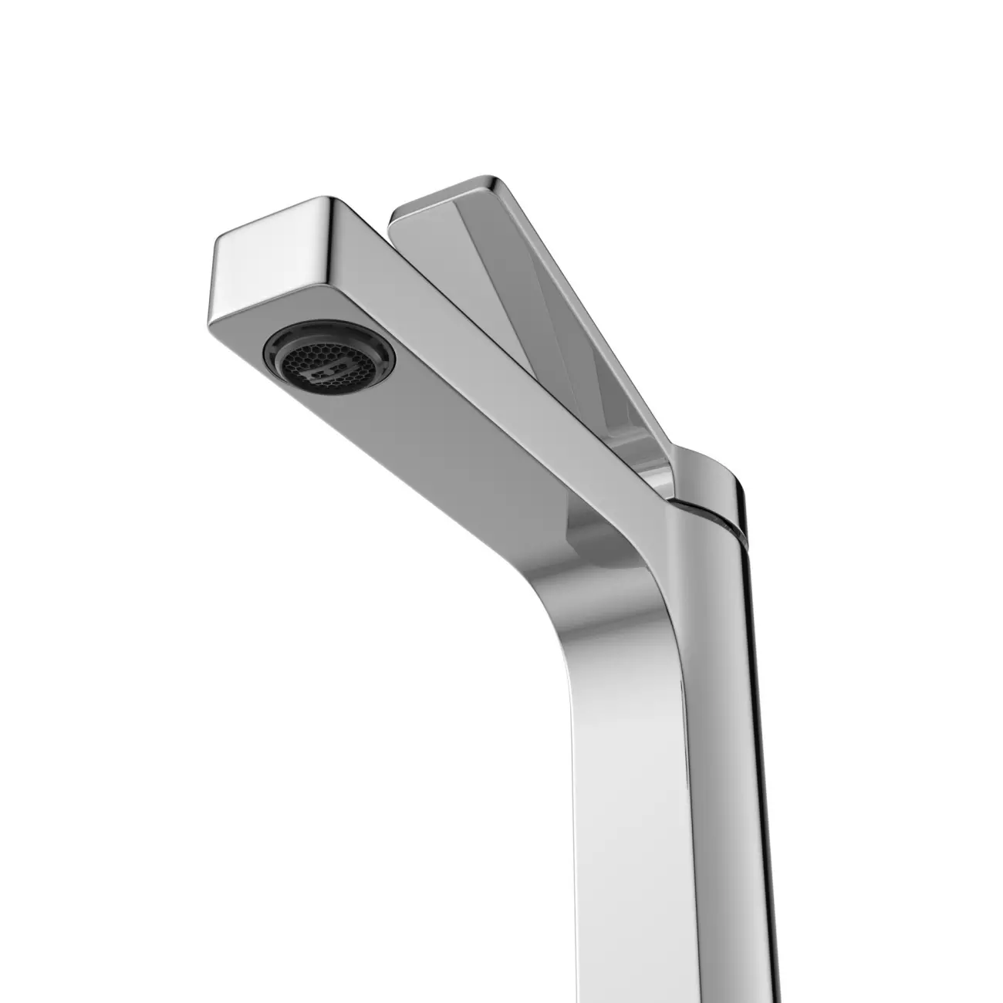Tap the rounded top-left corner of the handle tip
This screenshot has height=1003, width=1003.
pos(397,211)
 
